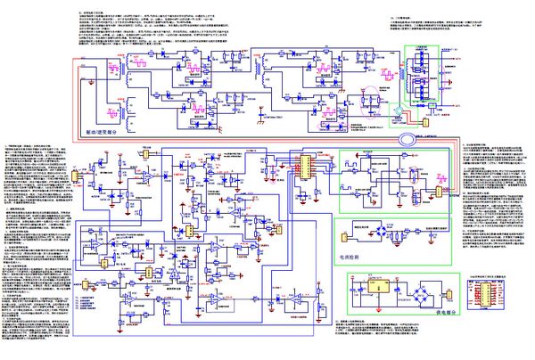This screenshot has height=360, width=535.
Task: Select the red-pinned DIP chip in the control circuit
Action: [x=304, y=166]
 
